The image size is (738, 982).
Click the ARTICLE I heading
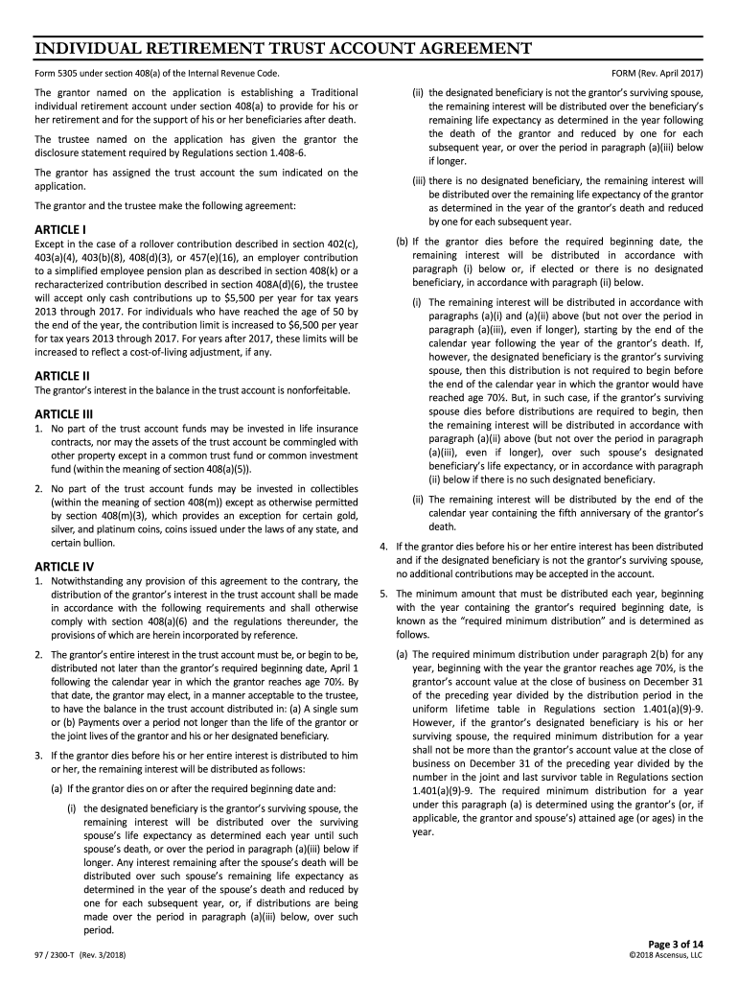(x=60, y=230)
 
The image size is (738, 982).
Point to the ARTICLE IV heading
(x=64, y=566)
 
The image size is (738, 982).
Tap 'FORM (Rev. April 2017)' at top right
(x=657, y=73)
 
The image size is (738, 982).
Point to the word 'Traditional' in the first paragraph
(x=331, y=92)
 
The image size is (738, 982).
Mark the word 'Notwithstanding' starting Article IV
(x=88, y=581)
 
